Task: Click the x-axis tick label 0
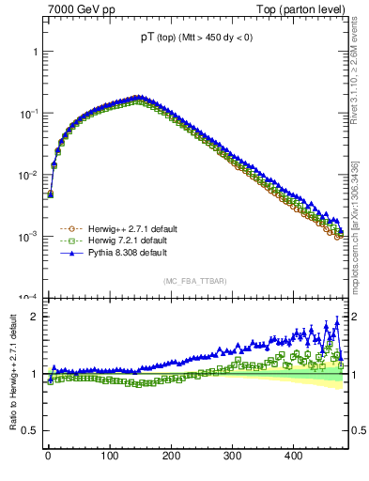point(48,456)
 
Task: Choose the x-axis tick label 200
point(171,456)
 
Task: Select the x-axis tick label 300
point(232,456)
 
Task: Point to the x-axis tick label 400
point(294,456)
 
